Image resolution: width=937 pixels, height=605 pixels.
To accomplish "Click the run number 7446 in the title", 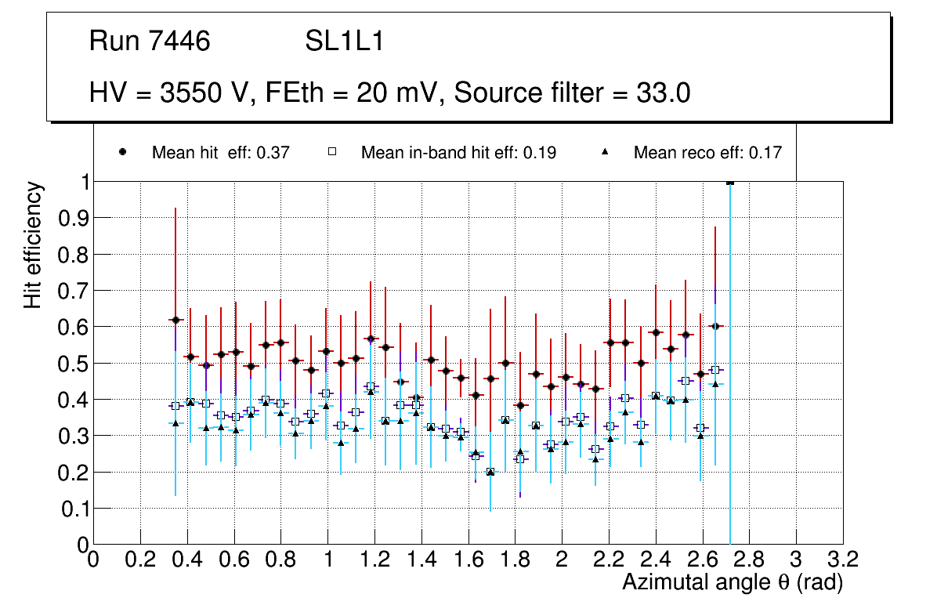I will click(x=180, y=42).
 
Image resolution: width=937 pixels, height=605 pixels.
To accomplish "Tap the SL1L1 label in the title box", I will click(x=344, y=42).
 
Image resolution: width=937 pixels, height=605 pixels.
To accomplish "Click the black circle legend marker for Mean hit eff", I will click(x=124, y=152).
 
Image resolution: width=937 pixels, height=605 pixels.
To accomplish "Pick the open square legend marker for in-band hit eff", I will click(x=332, y=152).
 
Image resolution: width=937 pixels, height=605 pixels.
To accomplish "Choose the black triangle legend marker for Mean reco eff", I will click(x=605, y=152).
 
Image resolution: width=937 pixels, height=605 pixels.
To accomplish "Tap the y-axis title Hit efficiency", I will click(x=33, y=245).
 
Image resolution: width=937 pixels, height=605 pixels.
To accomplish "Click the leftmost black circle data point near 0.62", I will click(x=175, y=320).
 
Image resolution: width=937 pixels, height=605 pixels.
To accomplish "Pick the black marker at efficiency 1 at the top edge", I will click(x=730, y=183).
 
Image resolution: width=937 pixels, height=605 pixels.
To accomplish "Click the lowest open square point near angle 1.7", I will click(x=490, y=472).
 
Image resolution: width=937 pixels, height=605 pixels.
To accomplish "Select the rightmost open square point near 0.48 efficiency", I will click(x=715, y=370).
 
